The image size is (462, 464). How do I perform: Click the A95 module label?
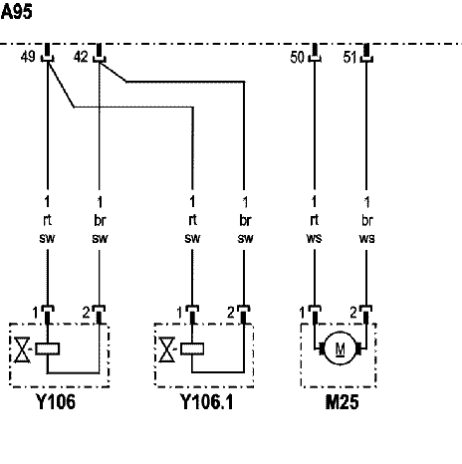(17, 12)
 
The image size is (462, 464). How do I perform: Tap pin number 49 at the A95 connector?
(28, 57)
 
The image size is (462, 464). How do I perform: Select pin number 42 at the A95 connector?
(81, 57)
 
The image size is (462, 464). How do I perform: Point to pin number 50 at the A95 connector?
(297, 57)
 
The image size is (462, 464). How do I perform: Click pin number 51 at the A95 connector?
(349, 57)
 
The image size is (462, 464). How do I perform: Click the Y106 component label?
(56, 401)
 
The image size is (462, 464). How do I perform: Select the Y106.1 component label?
(207, 401)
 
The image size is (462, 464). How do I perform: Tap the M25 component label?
(342, 402)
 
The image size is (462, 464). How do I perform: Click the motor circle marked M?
(340, 348)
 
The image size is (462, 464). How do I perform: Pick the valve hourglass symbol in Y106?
(22, 349)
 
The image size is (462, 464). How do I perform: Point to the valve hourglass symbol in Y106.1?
(167, 349)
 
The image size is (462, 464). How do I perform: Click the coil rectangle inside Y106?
(48, 348)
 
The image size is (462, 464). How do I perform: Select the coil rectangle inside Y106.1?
(192, 348)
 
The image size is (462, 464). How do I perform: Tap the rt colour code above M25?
(314, 220)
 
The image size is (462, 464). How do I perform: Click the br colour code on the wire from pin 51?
(367, 220)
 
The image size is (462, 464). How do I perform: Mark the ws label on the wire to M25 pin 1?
(314, 238)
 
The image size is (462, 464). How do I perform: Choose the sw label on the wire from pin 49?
(47, 238)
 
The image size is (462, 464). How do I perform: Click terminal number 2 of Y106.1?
(231, 313)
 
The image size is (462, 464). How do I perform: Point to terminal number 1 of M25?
(302, 313)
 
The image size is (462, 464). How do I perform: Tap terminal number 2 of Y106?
(87, 313)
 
